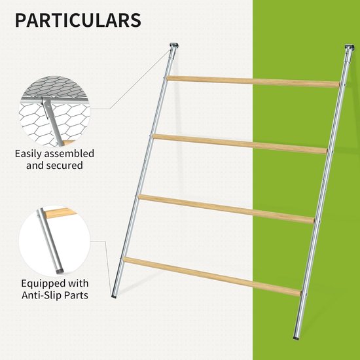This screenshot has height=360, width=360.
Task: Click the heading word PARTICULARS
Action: [78, 20]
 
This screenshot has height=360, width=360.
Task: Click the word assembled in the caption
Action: [69, 153]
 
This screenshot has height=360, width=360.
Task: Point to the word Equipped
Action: [41, 284]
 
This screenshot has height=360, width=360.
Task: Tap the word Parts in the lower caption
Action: [76, 295]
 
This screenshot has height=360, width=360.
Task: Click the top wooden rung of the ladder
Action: [253, 82]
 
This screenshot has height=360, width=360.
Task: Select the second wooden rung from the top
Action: [240, 144]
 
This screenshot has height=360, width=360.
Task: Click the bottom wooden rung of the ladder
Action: [212, 277]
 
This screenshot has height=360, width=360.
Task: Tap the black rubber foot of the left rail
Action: [114, 297]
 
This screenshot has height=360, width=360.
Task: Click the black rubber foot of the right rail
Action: [296, 338]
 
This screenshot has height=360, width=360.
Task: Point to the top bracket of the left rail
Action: [174, 45]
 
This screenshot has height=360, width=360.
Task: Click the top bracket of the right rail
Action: [350, 47]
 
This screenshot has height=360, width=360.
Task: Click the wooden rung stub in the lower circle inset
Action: [60, 213]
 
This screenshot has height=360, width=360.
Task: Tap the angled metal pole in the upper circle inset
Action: [53, 121]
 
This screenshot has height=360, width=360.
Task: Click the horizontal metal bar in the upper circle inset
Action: [54, 99]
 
